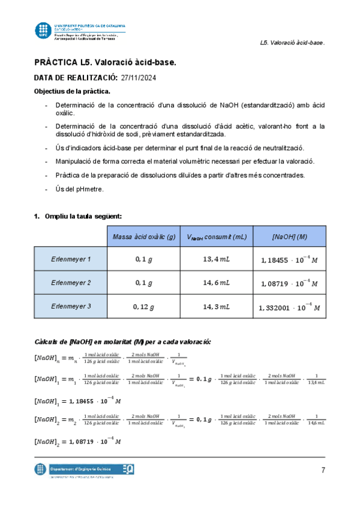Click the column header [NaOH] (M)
coord(289,237)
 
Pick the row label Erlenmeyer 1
coord(71,259)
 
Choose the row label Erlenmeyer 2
coord(71,282)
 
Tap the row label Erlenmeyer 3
coord(71,306)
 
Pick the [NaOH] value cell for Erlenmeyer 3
coord(289,307)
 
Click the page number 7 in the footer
coord(322,469)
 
